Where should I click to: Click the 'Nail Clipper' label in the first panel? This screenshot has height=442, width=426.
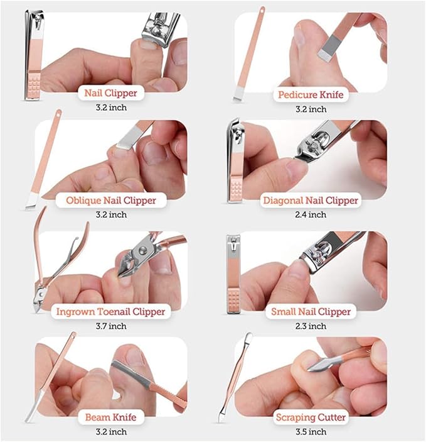(x=110, y=94)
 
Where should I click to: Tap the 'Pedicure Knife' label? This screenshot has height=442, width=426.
(x=311, y=96)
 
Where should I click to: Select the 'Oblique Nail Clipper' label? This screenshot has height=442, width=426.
(x=110, y=201)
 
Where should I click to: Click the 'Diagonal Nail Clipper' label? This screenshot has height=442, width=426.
(x=311, y=201)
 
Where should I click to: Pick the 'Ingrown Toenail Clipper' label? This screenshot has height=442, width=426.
(x=110, y=312)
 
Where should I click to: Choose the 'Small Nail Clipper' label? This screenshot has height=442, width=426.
(x=311, y=312)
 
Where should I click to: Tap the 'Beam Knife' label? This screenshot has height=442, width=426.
(x=110, y=417)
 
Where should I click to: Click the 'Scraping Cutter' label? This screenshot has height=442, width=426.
(x=311, y=417)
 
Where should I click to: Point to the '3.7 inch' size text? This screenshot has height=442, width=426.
(x=110, y=326)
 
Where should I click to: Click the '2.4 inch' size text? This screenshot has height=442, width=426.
(x=311, y=215)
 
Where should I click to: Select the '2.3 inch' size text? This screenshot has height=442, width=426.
(x=311, y=326)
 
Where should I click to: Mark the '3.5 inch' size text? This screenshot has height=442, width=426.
(x=311, y=431)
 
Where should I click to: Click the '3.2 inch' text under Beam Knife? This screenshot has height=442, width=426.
(x=110, y=431)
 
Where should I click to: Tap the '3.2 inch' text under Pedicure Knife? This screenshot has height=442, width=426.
(x=311, y=109)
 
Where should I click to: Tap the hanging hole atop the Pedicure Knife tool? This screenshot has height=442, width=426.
(x=261, y=11)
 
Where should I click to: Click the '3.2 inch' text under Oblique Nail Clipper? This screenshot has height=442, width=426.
(x=110, y=215)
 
